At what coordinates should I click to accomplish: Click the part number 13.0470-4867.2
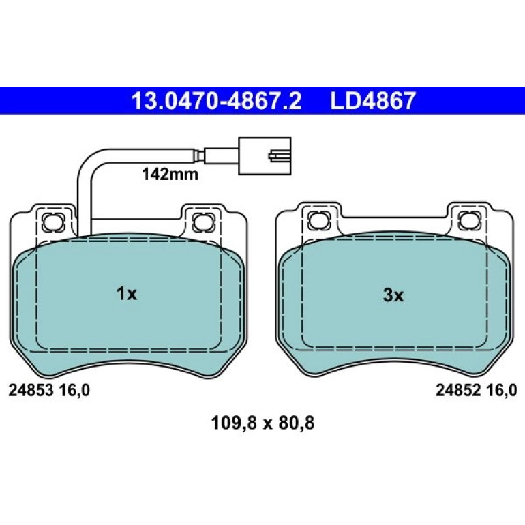click(217, 101)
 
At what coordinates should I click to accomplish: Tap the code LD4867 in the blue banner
click(373, 101)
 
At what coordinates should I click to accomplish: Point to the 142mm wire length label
click(170, 175)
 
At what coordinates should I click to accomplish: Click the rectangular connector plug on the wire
click(265, 155)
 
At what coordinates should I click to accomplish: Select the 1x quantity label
click(127, 294)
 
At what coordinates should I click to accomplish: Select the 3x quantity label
click(393, 295)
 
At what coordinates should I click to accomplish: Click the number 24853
click(31, 391)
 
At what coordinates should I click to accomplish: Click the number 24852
click(458, 391)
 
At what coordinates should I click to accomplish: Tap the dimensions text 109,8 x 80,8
click(262, 423)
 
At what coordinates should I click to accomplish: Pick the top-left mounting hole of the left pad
click(53, 222)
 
